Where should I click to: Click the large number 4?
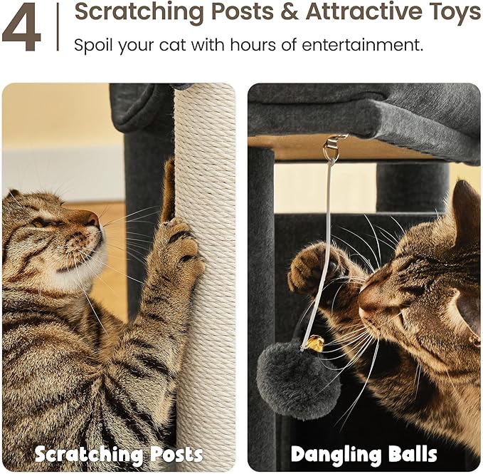22,27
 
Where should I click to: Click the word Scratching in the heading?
132,13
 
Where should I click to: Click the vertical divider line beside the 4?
57,27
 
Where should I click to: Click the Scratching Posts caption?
119,454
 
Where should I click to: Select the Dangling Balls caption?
363,454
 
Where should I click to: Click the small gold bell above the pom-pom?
314,344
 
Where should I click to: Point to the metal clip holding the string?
333,148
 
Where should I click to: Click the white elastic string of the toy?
325,235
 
